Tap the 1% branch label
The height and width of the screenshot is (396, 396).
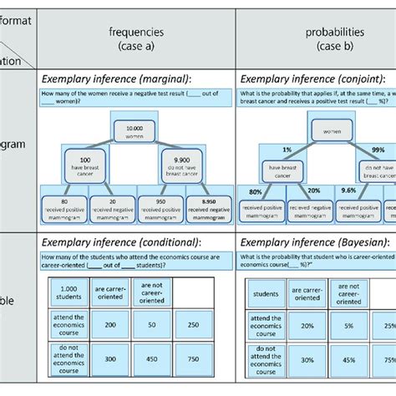click(x=287, y=149)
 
